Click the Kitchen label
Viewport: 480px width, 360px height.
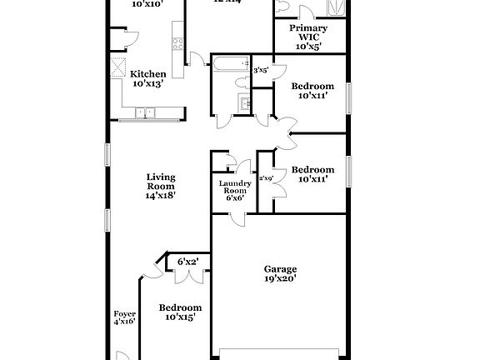(147, 73)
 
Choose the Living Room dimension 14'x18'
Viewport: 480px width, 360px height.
(160, 196)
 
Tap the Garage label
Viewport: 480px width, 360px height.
(280, 268)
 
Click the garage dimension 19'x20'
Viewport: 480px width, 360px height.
(280, 279)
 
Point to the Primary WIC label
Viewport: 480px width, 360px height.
(307, 32)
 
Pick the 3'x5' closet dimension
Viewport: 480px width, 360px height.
(260, 71)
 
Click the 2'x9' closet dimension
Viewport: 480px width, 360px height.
(266, 177)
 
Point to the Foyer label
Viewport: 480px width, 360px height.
(124, 317)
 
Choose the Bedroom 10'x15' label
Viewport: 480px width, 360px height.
(180, 312)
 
